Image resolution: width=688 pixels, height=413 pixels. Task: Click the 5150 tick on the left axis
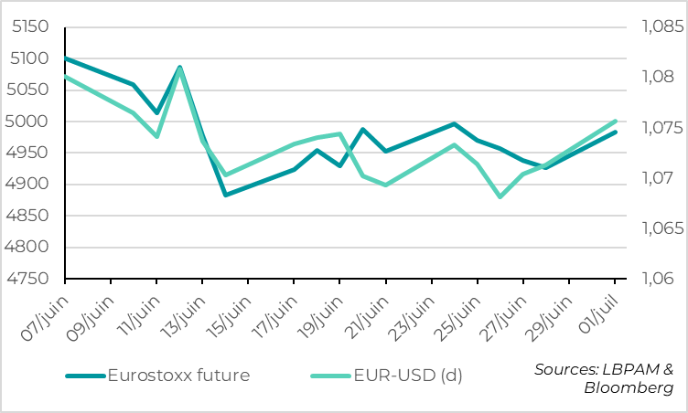(30, 26)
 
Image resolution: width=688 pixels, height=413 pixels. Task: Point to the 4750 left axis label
(30, 279)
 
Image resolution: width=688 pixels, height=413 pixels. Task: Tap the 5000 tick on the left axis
(30, 122)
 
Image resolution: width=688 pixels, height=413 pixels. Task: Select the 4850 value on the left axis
(30, 216)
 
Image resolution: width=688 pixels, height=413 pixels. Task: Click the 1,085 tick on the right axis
(657, 26)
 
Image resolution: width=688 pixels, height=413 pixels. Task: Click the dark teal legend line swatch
(84, 375)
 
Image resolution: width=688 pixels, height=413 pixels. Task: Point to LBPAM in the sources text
(629, 369)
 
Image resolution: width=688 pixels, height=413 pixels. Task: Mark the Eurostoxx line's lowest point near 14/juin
(225, 195)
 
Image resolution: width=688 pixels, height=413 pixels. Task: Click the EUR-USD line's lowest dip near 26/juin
(500, 196)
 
